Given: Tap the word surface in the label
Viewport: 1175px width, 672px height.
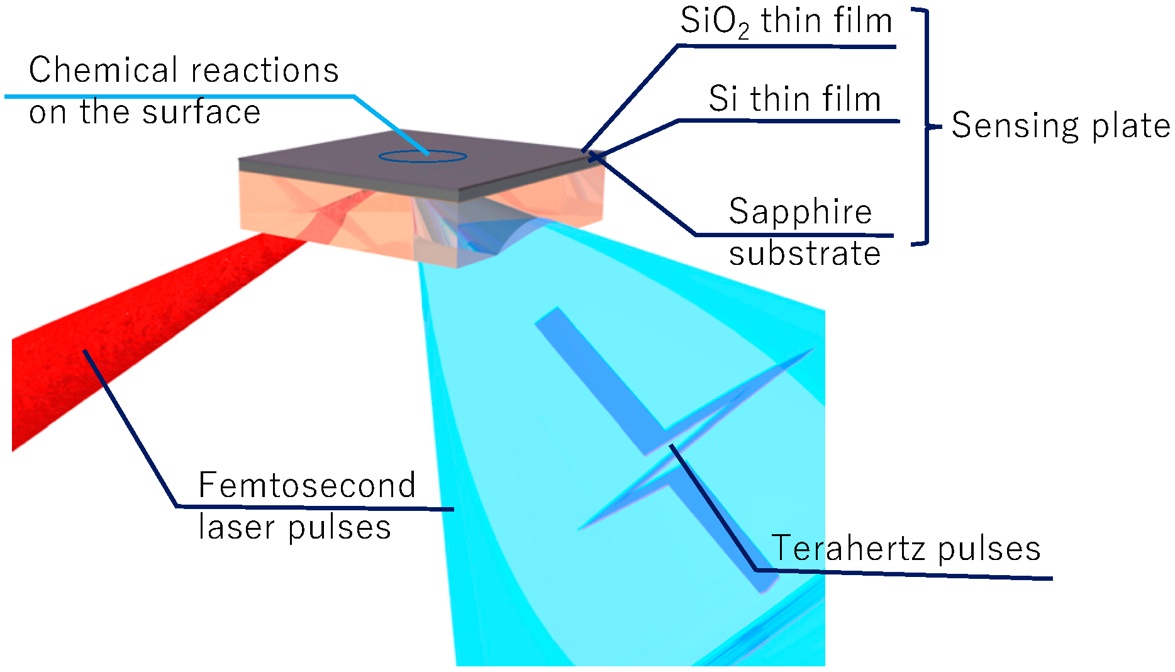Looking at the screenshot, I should pyautogui.click(x=201, y=113).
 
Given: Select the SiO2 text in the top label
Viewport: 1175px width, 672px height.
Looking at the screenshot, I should pyautogui.click(x=715, y=22).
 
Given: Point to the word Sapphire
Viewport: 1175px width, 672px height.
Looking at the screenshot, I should pyautogui.click(x=800, y=211).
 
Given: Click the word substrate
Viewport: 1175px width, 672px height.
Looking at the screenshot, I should pyautogui.click(x=805, y=254).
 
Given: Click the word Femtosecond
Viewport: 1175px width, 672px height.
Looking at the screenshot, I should pyautogui.click(x=307, y=485).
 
